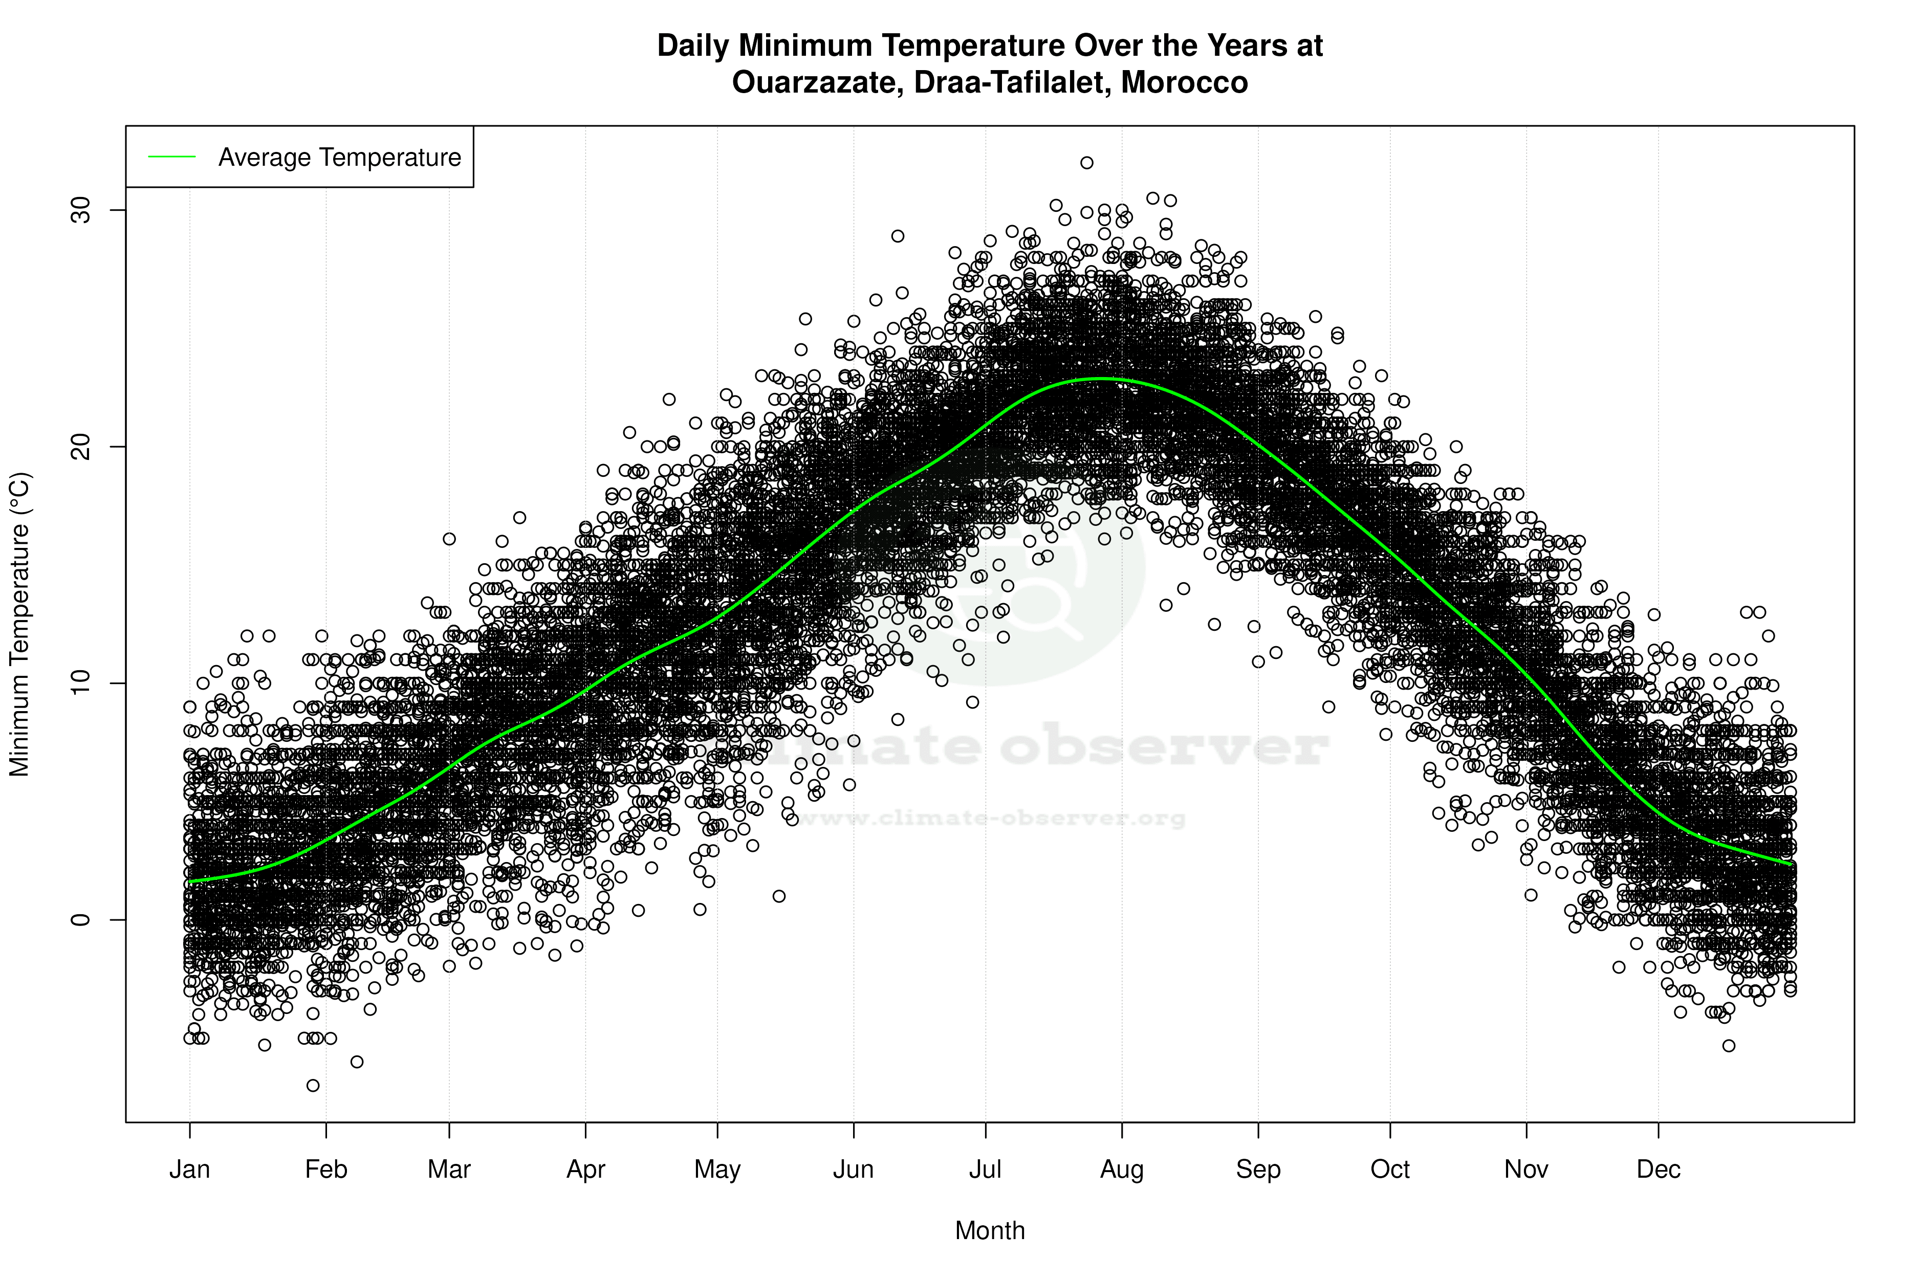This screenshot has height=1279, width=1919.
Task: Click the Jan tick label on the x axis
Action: click(x=189, y=1170)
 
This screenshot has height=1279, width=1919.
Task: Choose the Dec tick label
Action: click(x=1658, y=1170)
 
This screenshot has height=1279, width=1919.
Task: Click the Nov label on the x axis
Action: click(x=1526, y=1170)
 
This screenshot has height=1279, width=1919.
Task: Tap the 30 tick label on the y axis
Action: click(x=79, y=210)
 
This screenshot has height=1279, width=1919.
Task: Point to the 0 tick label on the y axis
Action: click(x=79, y=919)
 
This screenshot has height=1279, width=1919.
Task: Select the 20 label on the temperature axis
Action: click(x=79, y=447)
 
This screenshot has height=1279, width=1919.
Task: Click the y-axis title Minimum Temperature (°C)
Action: click(x=19, y=624)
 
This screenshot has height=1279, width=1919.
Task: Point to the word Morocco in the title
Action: click(x=1184, y=82)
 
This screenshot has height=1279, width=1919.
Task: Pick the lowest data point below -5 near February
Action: click(x=313, y=1086)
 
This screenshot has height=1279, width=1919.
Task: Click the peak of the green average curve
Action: click(x=1101, y=379)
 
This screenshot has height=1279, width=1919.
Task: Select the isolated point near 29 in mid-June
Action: click(x=898, y=236)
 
